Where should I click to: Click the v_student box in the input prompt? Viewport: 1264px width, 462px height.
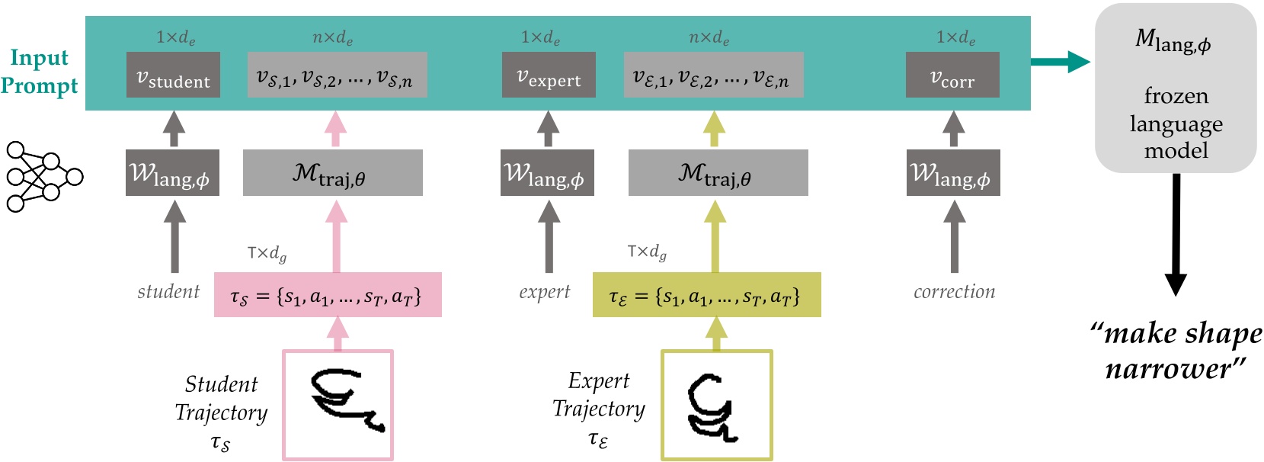[173, 75]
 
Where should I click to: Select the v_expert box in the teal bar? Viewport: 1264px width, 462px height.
[549, 75]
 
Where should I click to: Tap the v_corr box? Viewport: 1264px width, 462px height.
[952, 75]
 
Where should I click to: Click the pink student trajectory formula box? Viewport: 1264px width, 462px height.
[328, 295]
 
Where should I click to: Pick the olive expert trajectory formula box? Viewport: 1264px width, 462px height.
[706, 295]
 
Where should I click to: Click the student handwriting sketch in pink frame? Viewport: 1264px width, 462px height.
[338, 405]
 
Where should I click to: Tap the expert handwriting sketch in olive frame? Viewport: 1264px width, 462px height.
[717, 405]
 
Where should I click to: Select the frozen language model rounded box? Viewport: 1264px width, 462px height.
[1176, 88]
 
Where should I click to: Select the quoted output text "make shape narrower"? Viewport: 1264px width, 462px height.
[1176, 351]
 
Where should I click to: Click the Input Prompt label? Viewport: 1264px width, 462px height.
[39, 71]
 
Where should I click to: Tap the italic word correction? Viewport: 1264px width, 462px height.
[954, 292]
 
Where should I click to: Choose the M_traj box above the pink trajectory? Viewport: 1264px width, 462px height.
[332, 173]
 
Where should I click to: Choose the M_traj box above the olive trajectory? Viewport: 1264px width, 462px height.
[718, 173]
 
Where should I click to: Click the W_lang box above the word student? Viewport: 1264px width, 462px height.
[172, 173]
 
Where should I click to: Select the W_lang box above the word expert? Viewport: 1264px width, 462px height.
[547, 173]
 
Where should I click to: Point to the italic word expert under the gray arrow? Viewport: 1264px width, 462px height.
[544, 292]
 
